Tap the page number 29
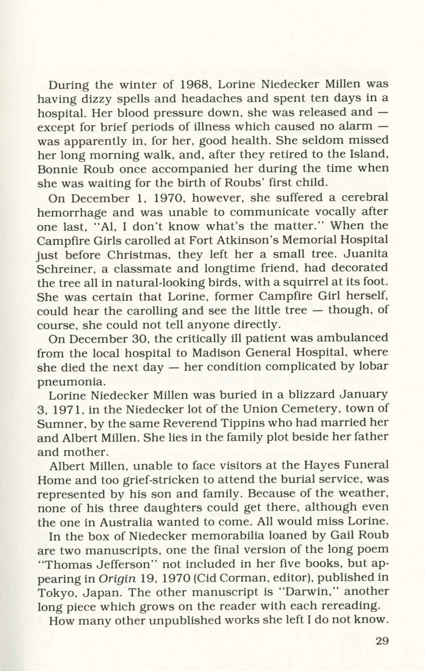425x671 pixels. click(382, 641)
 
